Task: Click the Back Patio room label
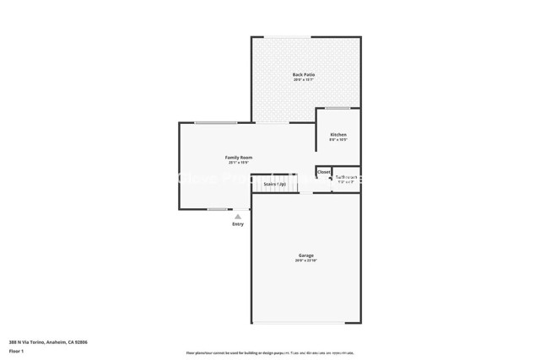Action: [305, 74]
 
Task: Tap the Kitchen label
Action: [337, 135]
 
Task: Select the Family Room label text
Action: [238, 158]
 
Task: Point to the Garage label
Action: [305, 255]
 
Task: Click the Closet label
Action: [324, 172]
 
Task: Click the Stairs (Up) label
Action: [274, 184]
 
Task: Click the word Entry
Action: [238, 224]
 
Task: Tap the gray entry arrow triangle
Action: [238, 217]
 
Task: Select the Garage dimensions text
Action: [305, 261]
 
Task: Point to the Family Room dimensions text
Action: [238, 164]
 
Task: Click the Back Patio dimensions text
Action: [305, 80]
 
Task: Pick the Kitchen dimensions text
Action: [337, 140]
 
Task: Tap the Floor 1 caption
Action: [17, 351]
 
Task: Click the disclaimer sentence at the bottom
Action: [269, 352]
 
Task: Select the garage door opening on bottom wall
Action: [305, 323]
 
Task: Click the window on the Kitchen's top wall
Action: [338, 108]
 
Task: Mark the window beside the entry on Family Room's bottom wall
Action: [217, 209]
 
